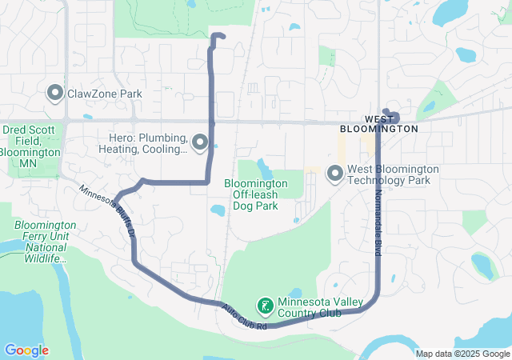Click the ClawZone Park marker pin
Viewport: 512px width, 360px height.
pos(55,94)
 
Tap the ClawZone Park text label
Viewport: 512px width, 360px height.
pos(104,94)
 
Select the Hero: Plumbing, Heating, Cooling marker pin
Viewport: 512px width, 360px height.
pos(200,143)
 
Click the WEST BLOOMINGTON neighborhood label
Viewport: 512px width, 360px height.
pos(378,123)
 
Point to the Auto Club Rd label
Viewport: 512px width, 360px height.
pos(243,317)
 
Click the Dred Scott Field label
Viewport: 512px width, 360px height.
pos(30,140)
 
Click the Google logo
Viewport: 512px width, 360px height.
pos(26,350)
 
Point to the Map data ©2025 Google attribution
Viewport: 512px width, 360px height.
pos(462,354)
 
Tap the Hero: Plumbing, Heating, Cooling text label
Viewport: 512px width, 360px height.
pos(143,143)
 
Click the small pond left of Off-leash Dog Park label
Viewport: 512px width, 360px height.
pos(217,211)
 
